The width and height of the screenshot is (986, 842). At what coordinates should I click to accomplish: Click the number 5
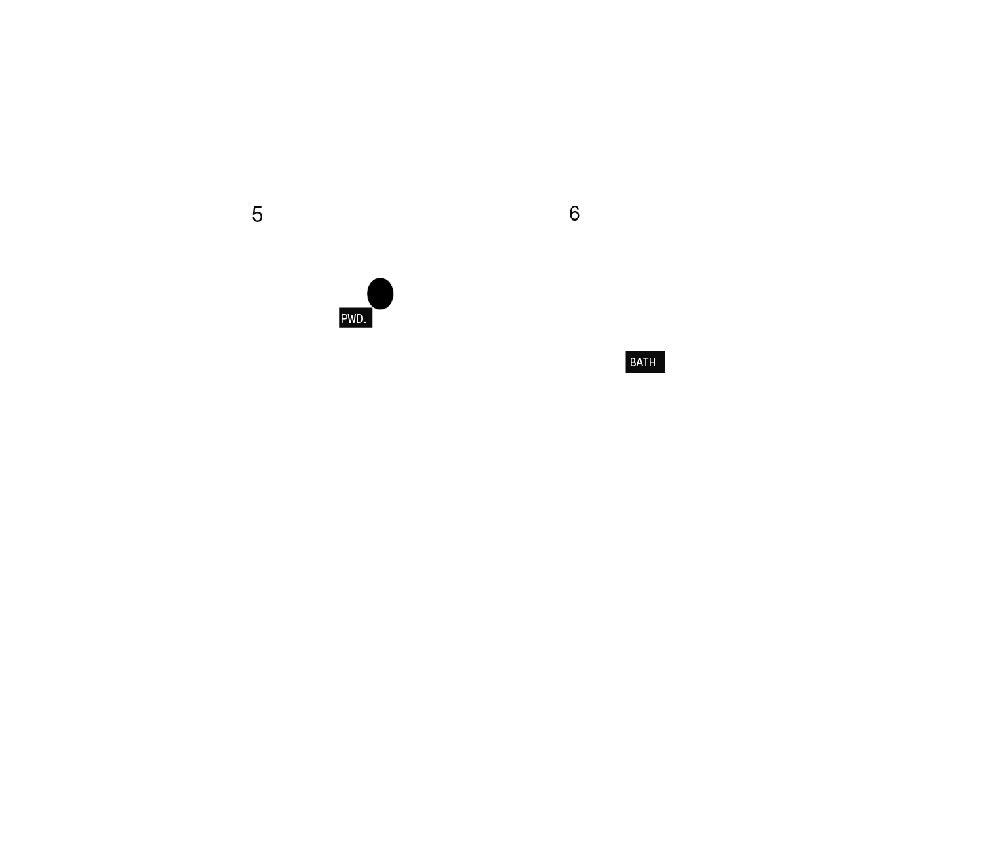(257, 214)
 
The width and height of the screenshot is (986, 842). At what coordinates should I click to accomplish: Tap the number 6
(574, 213)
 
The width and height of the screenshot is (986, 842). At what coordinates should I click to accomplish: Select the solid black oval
(380, 294)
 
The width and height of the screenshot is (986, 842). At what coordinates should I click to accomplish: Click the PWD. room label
(355, 318)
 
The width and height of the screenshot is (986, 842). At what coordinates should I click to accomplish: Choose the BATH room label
(645, 362)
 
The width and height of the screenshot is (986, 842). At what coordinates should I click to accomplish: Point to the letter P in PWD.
(344, 319)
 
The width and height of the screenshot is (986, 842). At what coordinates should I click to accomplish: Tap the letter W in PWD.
(351, 319)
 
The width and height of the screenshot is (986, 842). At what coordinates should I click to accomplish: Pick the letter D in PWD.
(359, 319)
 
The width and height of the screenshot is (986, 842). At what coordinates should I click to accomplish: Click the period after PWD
(365, 323)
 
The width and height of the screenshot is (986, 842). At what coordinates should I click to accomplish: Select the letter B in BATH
(633, 362)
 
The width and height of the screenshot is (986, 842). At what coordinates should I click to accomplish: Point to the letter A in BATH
(639, 362)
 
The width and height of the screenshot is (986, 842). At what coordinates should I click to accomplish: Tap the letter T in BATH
(646, 362)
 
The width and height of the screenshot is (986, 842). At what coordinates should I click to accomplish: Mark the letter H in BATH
(652, 362)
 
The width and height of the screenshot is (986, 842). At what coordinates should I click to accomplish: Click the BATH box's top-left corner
(625, 351)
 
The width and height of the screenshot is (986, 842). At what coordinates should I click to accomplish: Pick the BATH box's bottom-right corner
(665, 373)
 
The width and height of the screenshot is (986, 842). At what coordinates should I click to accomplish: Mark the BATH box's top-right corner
(665, 351)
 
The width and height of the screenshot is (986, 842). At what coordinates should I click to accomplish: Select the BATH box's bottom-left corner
(625, 373)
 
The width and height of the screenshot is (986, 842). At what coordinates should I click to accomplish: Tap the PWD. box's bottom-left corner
(339, 328)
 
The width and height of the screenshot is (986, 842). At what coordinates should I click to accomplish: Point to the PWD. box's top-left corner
(339, 308)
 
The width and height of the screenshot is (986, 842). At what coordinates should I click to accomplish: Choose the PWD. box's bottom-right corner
(372, 328)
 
